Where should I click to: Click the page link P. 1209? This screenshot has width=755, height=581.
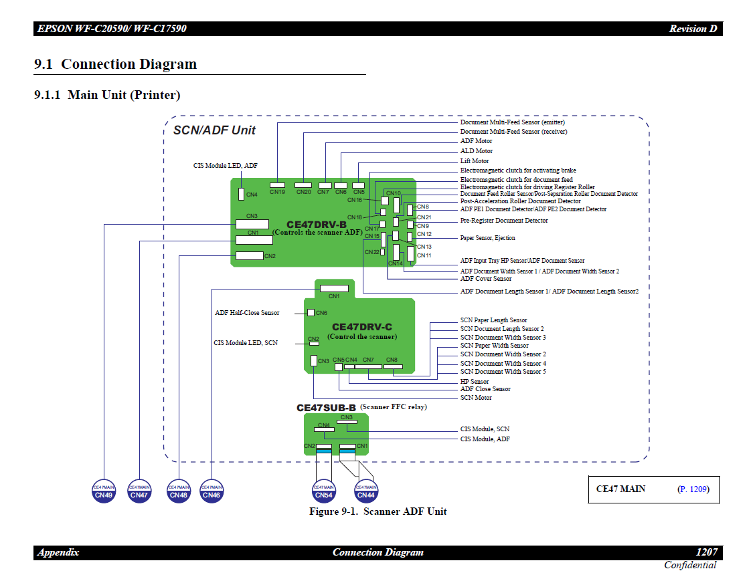pos(693,489)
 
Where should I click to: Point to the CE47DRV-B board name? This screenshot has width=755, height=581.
pos(316,225)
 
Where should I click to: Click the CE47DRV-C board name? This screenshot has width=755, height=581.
pos(361,327)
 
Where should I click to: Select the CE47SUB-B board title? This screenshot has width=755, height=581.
pos(326,407)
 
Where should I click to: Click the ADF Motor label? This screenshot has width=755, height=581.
pos(476,141)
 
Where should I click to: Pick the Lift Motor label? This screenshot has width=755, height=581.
pos(474,160)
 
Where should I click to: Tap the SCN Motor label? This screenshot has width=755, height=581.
pos(476,398)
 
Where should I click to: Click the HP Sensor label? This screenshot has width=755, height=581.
pos(475,382)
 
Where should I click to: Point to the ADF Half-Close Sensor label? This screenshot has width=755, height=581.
pos(247,313)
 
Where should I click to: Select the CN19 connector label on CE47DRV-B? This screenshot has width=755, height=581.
pos(277,192)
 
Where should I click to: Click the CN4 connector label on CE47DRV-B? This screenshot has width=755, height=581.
pos(252,195)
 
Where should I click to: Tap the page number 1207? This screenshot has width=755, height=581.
pos(706,552)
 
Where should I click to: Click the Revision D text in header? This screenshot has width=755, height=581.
pos(693,29)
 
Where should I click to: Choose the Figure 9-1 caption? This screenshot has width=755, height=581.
pos(377,511)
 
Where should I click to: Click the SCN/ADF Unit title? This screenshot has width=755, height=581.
pos(214,130)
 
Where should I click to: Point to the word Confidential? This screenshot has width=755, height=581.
pos(689,566)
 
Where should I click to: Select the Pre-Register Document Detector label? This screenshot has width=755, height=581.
pos(503,221)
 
